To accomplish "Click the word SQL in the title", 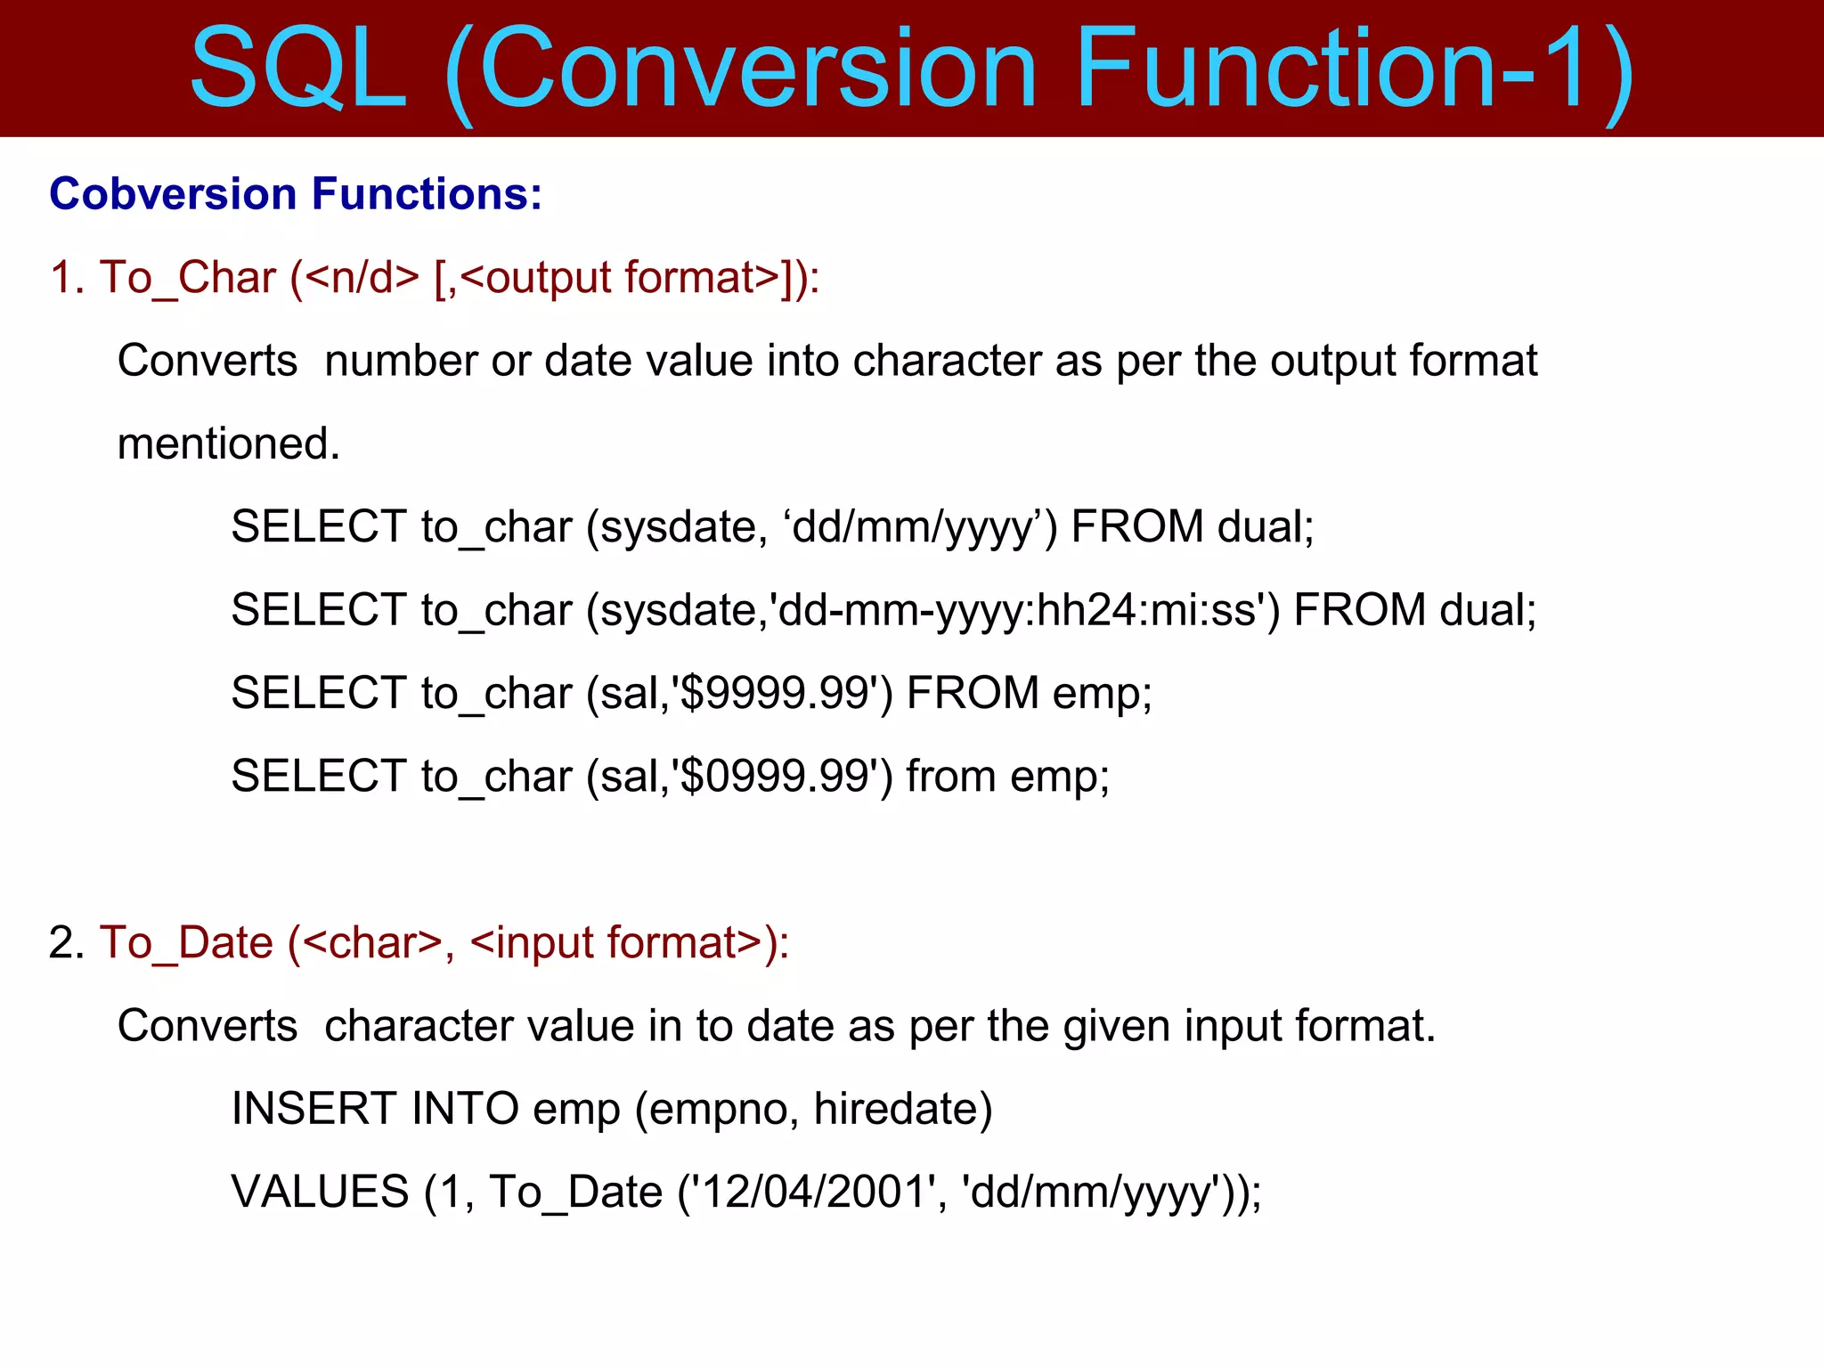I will click(298, 69).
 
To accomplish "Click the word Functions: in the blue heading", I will click(427, 193).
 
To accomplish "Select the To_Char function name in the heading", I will click(188, 277).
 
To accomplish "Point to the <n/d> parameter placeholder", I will click(362, 277).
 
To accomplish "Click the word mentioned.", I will click(229, 444).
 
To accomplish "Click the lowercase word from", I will click(951, 776).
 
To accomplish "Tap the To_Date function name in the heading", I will click(186, 942).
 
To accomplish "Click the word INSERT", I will click(314, 1109).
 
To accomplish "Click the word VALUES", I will click(320, 1192).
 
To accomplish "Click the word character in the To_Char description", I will click(947, 361).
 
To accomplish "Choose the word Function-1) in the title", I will click(1354, 69).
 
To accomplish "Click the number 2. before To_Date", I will click(67, 942).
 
